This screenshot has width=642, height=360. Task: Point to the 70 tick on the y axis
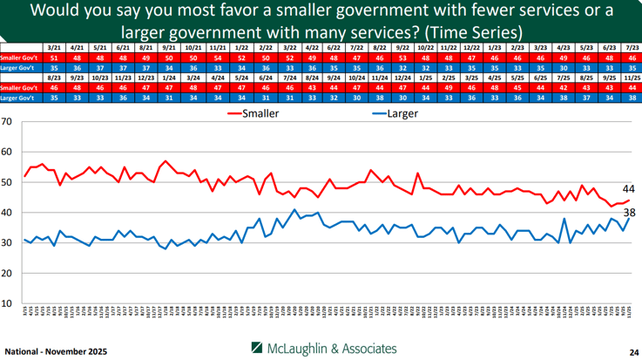tap(8, 120)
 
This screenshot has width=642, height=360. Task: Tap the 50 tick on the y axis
tap(8, 181)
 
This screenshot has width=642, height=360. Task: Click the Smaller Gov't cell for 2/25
tap(446, 88)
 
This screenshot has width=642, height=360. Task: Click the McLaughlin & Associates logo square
tap(258, 348)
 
